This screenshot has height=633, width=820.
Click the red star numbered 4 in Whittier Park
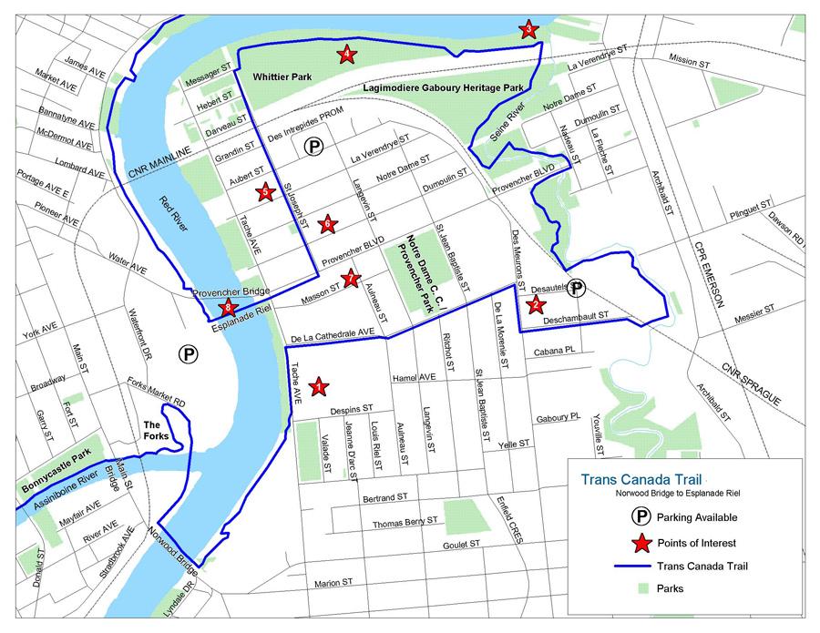(347, 55)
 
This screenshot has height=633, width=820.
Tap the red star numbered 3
(528, 30)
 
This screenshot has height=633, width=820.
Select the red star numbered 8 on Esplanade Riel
(229, 309)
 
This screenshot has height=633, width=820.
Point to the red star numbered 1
(318, 387)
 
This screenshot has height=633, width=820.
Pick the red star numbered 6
(326, 222)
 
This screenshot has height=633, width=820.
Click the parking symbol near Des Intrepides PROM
(313, 147)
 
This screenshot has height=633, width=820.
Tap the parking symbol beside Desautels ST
(576, 288)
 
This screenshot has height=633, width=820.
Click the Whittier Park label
(282, 78)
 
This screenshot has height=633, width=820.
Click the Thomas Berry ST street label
(405, 523)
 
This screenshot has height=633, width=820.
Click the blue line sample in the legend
(641, 566)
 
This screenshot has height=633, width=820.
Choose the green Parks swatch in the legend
(641, 588)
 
